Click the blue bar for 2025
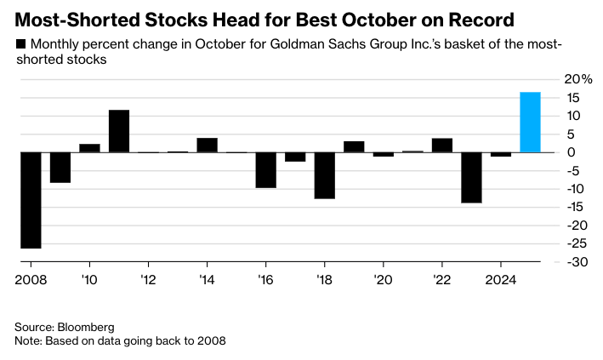[530, 123]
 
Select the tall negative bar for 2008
[31, 200]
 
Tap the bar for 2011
[119, 131]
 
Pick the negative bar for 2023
[471, 178]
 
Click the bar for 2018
[324, 175]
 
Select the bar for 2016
[265, 170]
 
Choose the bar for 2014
[208, 146]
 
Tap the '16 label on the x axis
[266, 280]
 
